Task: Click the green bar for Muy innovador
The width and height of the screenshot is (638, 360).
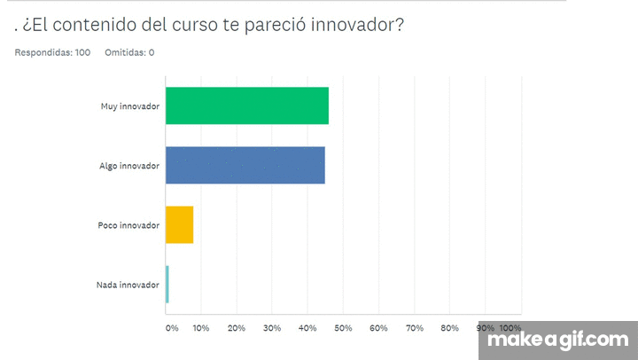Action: [x=246, y=106]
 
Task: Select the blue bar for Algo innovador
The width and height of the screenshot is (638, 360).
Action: [x=245, y=165]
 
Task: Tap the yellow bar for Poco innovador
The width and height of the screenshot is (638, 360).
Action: [x=179, y=224]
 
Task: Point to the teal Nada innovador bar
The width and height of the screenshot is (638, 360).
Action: [x=167, y=285]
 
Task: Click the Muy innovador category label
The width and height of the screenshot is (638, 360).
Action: [x=130, y=106]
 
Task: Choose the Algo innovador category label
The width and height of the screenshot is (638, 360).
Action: [x=130, y=166]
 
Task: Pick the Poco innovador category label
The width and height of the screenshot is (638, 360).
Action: [x=128, y=225]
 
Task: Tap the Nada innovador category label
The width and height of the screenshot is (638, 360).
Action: [x=128, y=285]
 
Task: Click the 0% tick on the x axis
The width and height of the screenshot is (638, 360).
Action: [x=172, y=328]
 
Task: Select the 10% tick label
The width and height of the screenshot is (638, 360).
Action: [x=201, y=328]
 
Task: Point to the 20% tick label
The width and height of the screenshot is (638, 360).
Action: [x=237, y=328]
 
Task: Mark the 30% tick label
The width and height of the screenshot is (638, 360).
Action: [x=272, y=328]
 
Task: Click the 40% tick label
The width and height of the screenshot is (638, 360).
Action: [x=307, y=328]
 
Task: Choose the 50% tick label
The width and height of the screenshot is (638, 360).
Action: [x=343, y=328]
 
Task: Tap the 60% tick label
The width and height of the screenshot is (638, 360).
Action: [x=378, y=328]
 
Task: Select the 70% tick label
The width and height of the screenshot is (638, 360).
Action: [x=414, y=328]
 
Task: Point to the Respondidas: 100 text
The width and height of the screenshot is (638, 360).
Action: [x=52, y=52]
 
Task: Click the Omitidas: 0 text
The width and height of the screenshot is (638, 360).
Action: [x=129, y=52]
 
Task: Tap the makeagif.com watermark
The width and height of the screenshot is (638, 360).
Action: [x=558, y=340]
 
